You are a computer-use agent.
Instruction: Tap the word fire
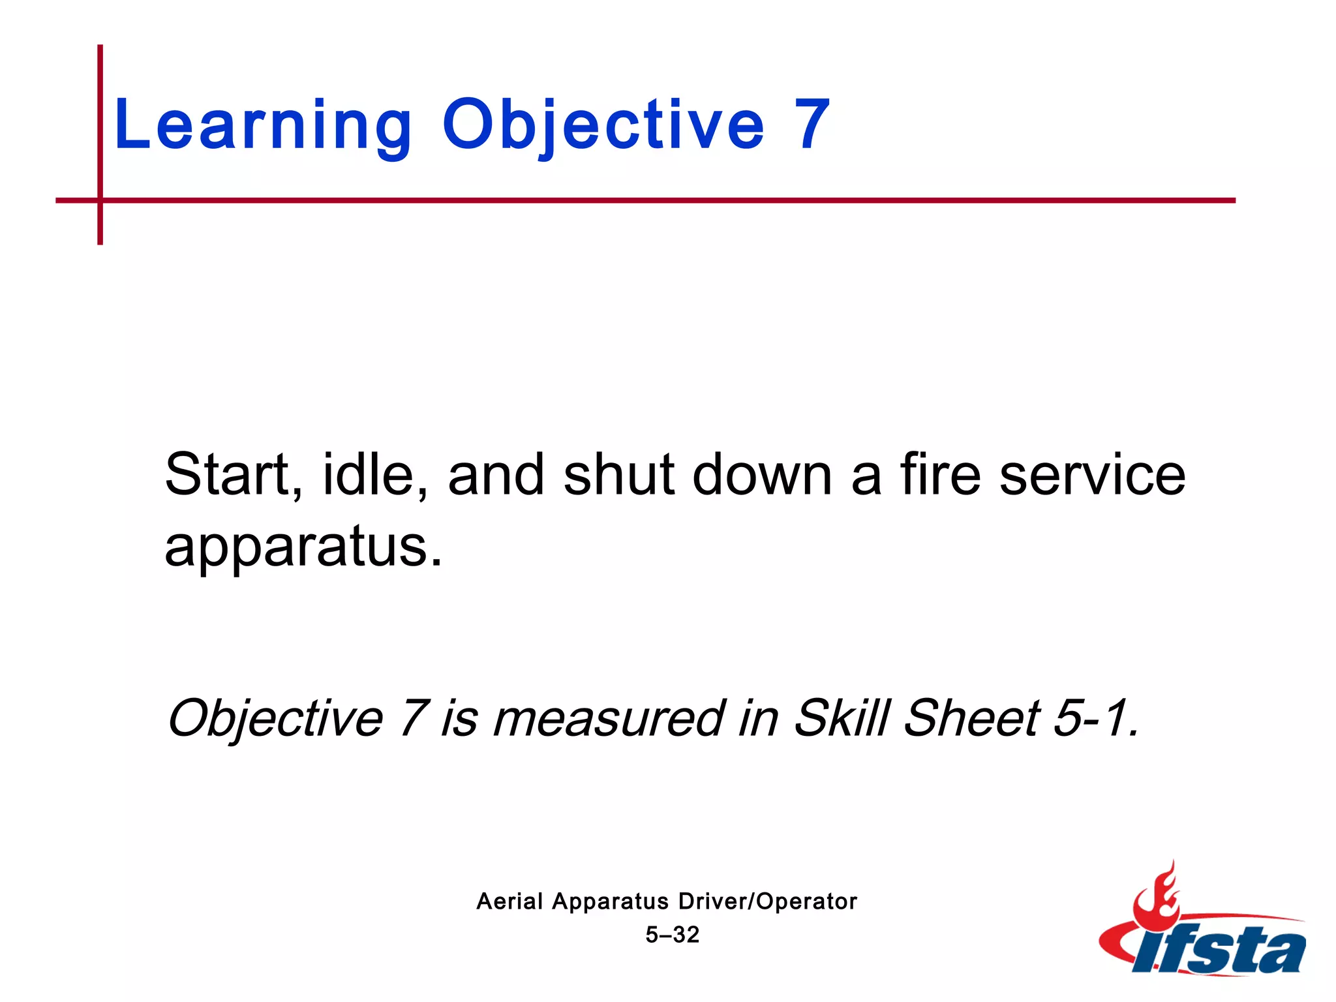tap(940, 475)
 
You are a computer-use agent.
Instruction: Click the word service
tap(1092, 475)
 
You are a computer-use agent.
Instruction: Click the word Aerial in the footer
tap(509, 902)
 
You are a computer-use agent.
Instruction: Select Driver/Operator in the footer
tap(767, 902)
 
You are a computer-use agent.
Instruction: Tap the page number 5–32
tap(672, 935)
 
